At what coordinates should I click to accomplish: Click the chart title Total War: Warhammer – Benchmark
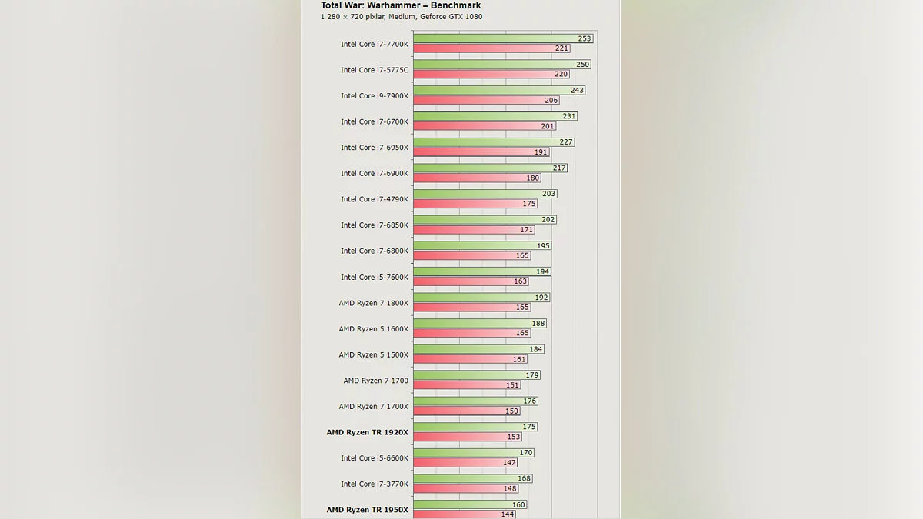coord(401,5)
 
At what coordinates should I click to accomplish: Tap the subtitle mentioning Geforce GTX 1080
coord(402,17)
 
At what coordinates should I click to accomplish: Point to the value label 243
coord(577,90)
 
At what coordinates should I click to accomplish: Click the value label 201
coord(547,126)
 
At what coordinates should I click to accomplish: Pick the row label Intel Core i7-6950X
coord(375,148)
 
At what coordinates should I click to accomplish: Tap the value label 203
coord(548,194)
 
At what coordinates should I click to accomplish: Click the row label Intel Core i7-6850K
coord(375,225)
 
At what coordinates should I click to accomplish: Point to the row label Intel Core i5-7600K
coord(375,277)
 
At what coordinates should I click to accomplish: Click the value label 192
coord(541,298)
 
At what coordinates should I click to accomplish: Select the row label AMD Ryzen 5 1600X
coord(374,329)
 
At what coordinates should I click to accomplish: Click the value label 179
coord(532,375)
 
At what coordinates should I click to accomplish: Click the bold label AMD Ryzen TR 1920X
coord(367,432)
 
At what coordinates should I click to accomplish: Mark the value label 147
coord(510,463)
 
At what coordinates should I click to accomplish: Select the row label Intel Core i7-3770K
coord(375,484)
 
